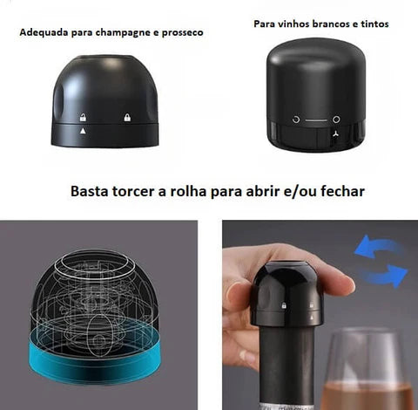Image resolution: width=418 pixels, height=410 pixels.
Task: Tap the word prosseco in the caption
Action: [182, 33]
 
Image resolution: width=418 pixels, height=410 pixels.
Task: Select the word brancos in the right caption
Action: [328, 24]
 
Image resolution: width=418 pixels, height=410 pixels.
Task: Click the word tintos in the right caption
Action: [374, 24]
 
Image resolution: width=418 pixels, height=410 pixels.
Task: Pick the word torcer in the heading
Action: [133, 191]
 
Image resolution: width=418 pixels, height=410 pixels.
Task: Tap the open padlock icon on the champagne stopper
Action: [83, 118]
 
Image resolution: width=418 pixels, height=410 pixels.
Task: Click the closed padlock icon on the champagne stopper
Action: [127, 117]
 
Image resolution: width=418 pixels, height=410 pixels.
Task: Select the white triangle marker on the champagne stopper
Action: [83, 131]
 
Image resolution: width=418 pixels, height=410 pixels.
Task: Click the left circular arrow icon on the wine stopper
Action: [296, 120]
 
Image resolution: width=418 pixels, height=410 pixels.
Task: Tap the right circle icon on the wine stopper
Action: [336, 120]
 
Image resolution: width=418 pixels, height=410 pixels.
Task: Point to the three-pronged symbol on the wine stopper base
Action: [336, 134]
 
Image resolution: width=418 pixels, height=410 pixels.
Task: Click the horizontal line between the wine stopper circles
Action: [316, 120]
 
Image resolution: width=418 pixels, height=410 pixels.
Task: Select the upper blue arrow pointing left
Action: [377, 247]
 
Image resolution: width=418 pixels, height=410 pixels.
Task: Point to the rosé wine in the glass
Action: [367, 396]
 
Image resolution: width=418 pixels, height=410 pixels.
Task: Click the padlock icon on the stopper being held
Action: [284, 305]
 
